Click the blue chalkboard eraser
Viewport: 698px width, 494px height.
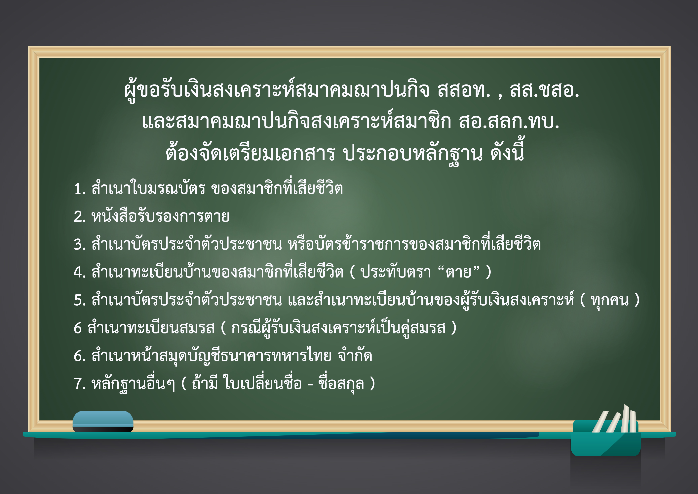103,421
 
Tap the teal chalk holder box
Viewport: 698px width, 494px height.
606,438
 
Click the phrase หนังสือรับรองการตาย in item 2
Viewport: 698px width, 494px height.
161,216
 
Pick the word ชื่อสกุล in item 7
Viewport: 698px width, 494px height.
341,383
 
